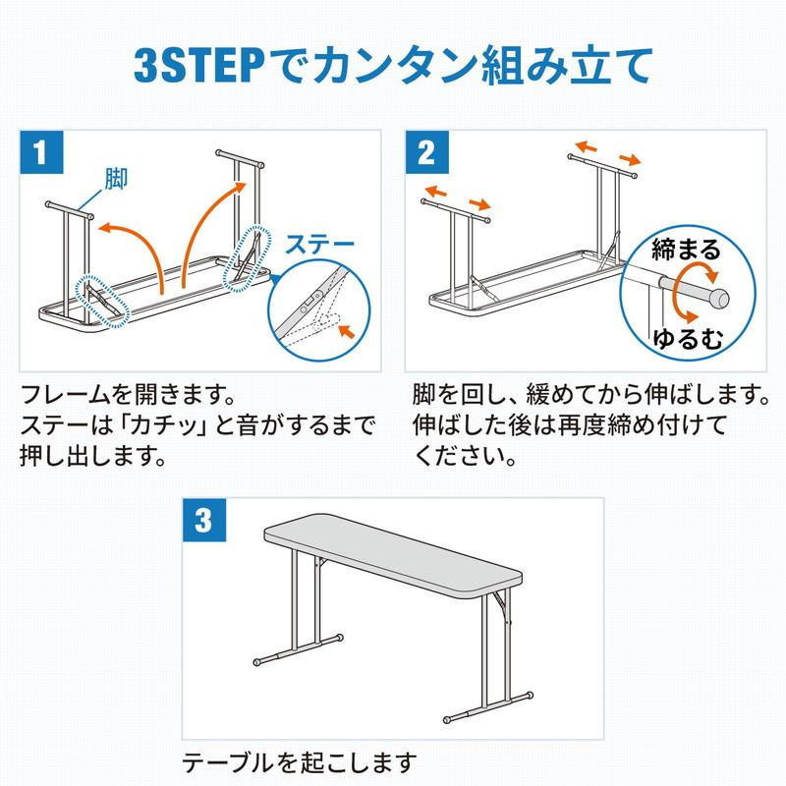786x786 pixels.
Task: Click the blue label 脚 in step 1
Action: (x=117, y=178)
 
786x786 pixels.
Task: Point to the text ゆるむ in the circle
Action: (x=687, y=340)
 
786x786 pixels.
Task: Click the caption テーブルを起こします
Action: (x=300, y=761)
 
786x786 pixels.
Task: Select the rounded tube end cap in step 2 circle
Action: (x=720, y=296)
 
